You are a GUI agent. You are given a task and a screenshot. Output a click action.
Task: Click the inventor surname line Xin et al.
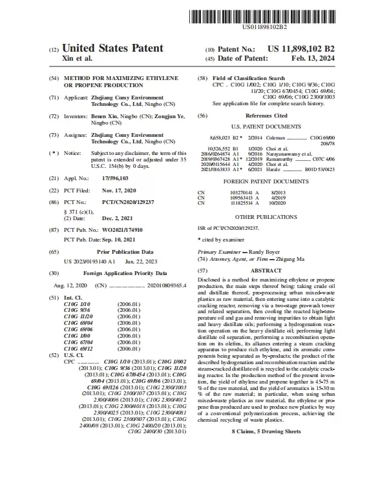point(77,59)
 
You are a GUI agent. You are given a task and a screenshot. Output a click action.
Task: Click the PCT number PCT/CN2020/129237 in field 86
point(119,202)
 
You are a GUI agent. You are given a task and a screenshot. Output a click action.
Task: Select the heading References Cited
point(271,116)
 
